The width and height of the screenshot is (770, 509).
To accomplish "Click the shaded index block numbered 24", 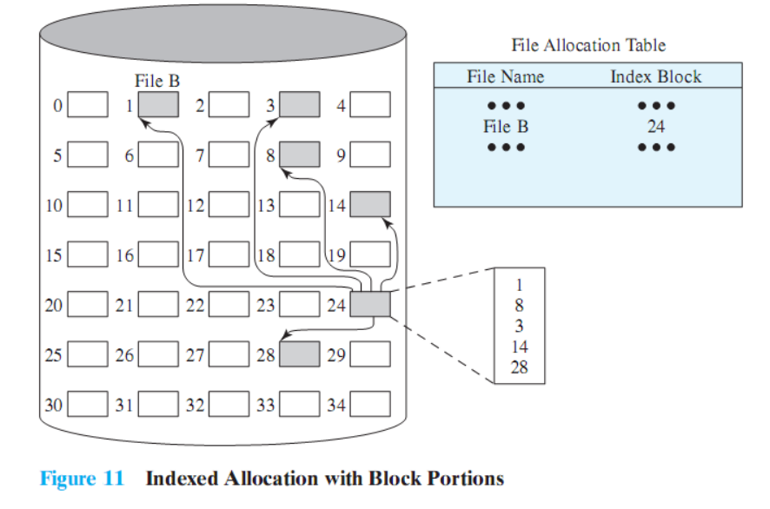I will pyautogui.click(x=370, y=305).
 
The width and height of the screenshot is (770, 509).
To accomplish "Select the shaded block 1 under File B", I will pyautogui.click(x=158, y=105).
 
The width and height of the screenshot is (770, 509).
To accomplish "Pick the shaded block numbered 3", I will pyautogui.click(x=299, y=105).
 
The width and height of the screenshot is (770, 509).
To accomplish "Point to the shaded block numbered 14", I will pyautogui.click(x=370, y=205).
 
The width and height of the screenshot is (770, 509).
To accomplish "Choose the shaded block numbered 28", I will pyautogui.click(x=299, y=354).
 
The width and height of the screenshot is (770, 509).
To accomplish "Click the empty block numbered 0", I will pyautogui.click(x=87, y=105).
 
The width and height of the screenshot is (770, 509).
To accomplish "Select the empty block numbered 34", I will pyautogui.click(x=370, y=404).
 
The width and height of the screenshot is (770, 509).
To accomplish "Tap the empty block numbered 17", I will pyautogui.click(x=229, y=255).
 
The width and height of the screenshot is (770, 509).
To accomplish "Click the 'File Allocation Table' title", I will pyautogui.click(x=588, y=45).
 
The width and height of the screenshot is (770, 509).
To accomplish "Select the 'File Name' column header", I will pyautogui.click(x=505, y=76).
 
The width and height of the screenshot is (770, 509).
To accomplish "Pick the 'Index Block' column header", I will pyautogui.click(x=655, y=76).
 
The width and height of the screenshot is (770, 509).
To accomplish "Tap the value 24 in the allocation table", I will pyautogui.click(x=655, y=127).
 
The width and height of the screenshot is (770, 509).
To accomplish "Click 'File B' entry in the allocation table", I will pyautogui.click(x=506, y=127).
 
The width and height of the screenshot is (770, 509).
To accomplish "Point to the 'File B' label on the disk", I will pyautogui.click(x=157, y=82).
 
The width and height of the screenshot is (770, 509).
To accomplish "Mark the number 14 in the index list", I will pyautogui.click(x=519, y=346).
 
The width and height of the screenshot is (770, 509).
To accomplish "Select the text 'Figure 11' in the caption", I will pyautogui.click(x=82, y=479).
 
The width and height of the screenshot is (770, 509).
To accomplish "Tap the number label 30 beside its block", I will pyautogui.click(x=52, y=405).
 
